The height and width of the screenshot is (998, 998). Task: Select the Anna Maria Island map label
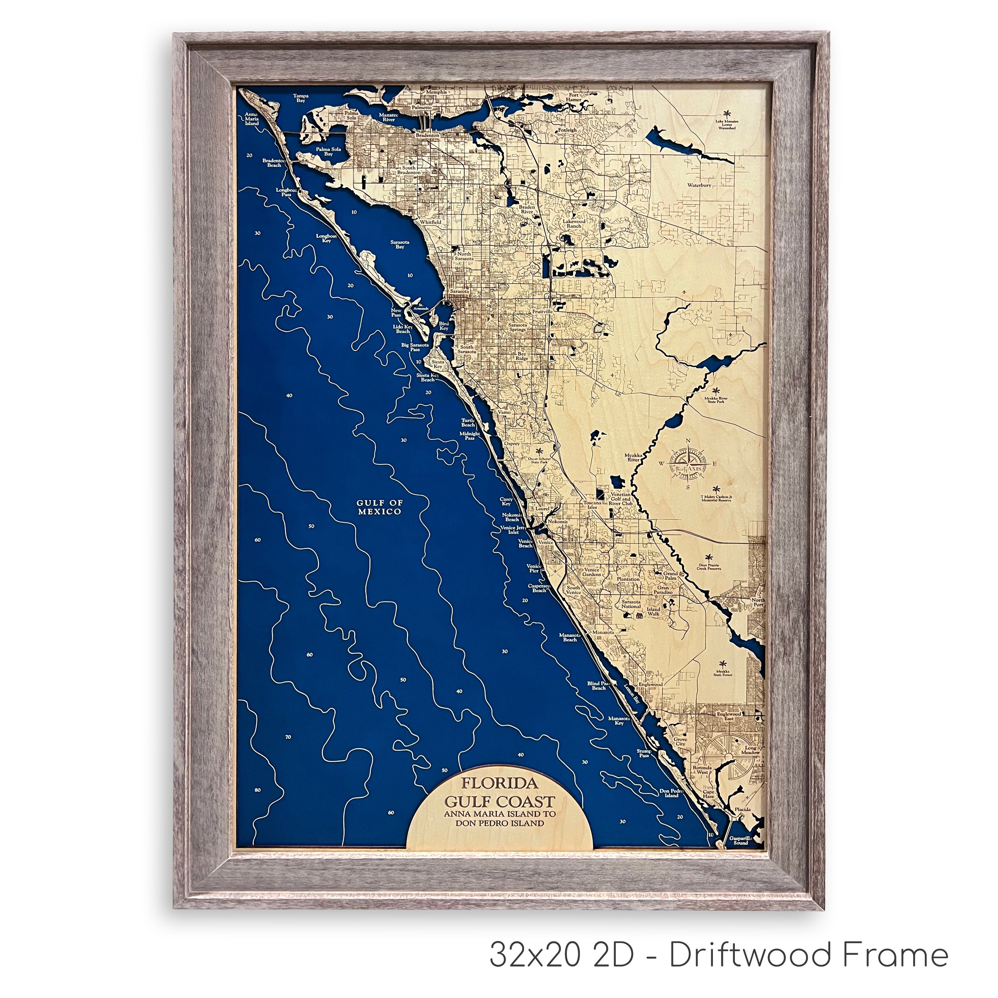tap(251, 119)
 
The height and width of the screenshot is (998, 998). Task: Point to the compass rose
tap(688, 463)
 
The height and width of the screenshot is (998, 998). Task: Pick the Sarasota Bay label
tap(400, 244)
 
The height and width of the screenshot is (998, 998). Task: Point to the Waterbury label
tap(699, 184)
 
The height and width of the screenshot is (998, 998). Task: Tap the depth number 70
tap(288, 737)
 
